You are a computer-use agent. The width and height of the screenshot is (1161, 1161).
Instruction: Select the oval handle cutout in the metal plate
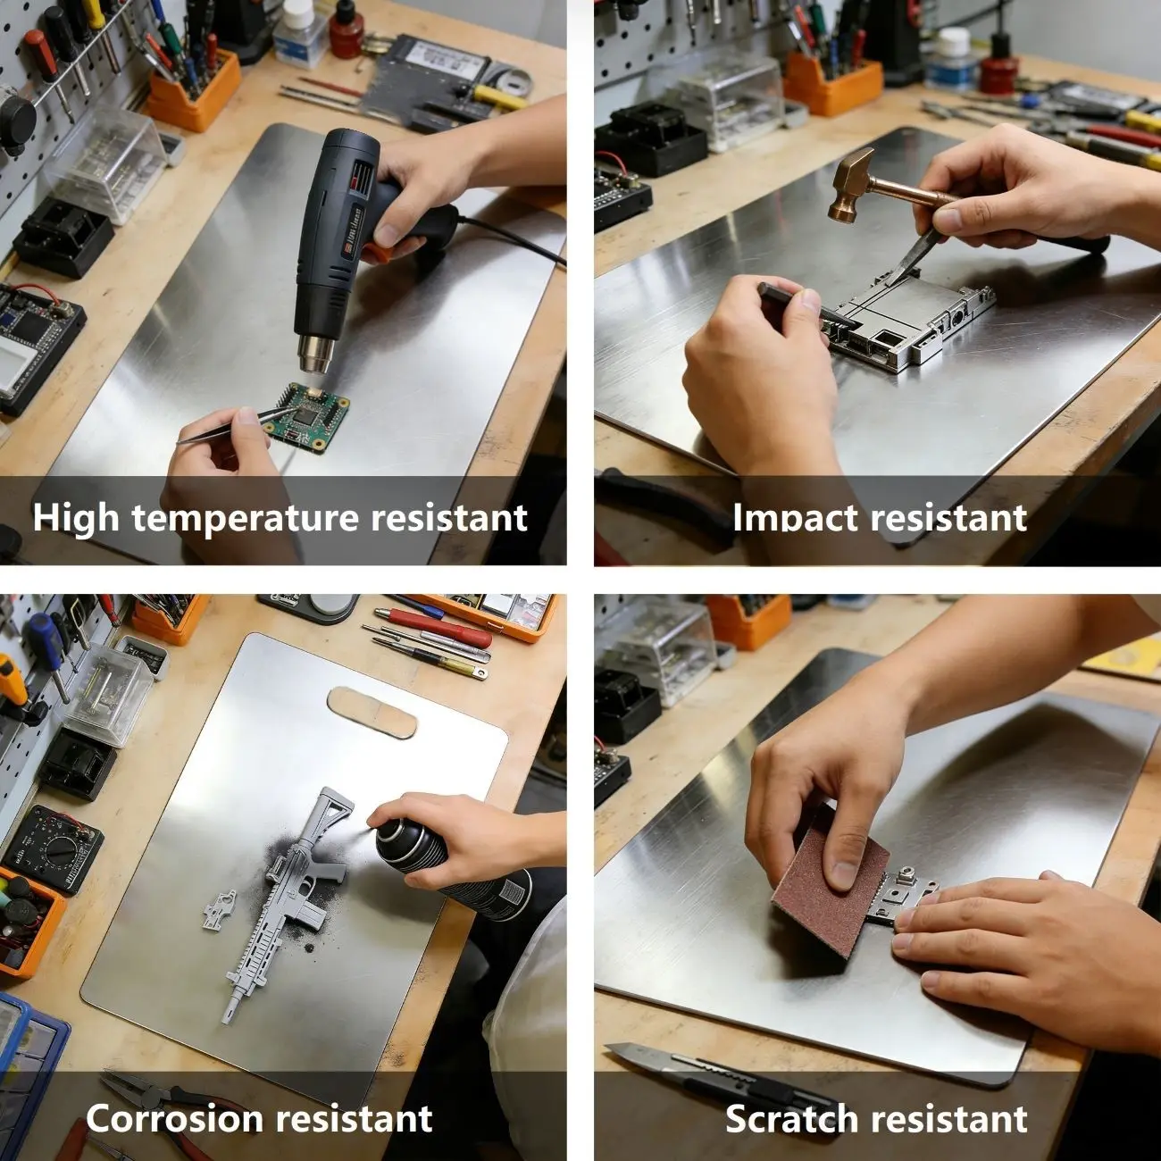372,712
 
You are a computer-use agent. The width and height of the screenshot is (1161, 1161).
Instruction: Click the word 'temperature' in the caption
246,518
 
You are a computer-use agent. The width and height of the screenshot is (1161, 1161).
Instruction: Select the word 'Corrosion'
175,1102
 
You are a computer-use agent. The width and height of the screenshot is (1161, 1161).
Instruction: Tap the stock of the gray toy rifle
331,810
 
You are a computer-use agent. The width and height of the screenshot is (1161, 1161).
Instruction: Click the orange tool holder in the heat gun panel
193,96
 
